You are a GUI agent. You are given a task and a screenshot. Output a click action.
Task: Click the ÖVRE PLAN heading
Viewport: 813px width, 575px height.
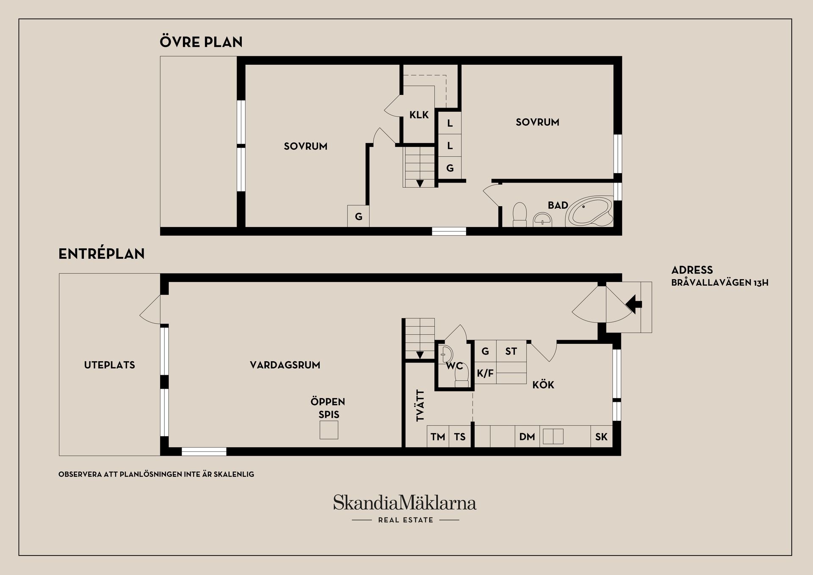(x=201, y=41)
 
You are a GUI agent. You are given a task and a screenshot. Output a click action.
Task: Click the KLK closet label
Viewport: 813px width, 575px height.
(x=419, y=115)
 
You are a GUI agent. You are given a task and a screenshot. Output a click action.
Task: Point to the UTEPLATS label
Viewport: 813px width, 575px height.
(x=110, y=365)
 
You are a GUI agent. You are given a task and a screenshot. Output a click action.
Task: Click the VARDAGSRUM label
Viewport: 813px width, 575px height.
(x=285, y=365)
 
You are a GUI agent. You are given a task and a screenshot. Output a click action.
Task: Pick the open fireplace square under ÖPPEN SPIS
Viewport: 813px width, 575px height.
(x=329, y=430)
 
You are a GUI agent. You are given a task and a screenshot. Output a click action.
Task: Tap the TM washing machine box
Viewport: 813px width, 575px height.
(x=438, y=437)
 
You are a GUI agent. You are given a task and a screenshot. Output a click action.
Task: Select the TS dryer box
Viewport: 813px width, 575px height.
(x=460, y=437)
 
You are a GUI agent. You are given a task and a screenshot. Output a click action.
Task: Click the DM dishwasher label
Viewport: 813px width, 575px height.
(x=527, y=437)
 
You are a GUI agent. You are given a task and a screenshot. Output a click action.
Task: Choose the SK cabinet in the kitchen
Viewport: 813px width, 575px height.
(x=601, y=437)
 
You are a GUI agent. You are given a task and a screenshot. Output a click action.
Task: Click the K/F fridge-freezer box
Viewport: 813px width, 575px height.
(x=485, y=373)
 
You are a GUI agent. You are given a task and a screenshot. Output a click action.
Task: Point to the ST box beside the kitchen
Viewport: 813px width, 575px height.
(x=511, y=351)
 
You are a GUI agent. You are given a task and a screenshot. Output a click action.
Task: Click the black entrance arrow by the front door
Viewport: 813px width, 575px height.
(x=634, y=304)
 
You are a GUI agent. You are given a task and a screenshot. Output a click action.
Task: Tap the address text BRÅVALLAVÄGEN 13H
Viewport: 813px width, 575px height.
(x=720, y=282)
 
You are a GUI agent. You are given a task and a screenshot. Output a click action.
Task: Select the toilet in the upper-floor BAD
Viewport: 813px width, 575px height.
(x=520, y=215)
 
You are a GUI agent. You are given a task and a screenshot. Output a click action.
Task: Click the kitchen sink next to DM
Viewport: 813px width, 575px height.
(x=553, y=437)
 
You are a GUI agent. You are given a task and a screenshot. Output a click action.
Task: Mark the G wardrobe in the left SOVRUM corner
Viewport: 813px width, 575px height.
(x=358, y=216)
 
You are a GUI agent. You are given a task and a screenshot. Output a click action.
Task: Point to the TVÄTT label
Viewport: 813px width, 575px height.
(x=420, y=406)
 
